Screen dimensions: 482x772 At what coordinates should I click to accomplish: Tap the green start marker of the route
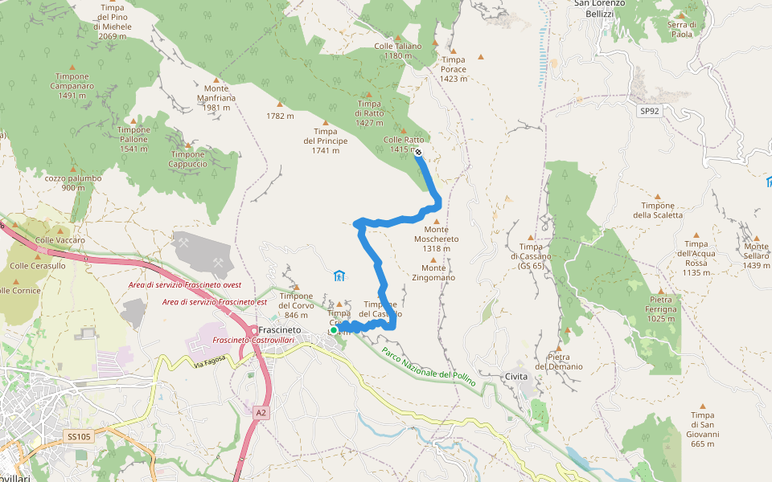(x=334, y=329)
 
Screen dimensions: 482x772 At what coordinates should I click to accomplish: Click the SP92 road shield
(x=650, y=111)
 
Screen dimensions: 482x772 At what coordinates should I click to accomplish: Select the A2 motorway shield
(x=261, y=412)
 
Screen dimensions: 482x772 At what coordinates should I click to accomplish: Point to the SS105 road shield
(x=78, y=436)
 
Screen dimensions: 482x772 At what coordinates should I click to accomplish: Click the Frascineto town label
(x=279, y=330)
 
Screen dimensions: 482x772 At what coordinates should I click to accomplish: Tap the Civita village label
(x=516, y=376)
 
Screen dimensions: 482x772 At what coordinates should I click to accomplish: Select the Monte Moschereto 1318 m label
(x=436, y=239)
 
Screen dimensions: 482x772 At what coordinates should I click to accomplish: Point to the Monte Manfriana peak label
(x=216, y=98)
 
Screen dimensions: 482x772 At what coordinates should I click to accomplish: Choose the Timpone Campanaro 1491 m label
(x=72, y=85)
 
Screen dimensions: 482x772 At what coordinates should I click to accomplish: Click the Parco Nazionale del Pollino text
(x=428, y=366)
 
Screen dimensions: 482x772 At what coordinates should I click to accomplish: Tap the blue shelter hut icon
(x=339, y=276)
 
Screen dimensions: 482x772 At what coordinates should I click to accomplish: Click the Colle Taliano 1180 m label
(x=397, y=51)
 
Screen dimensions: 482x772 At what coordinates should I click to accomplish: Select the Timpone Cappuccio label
(x=187, y=159)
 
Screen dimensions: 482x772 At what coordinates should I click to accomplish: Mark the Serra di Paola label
(x=681, y=29)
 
